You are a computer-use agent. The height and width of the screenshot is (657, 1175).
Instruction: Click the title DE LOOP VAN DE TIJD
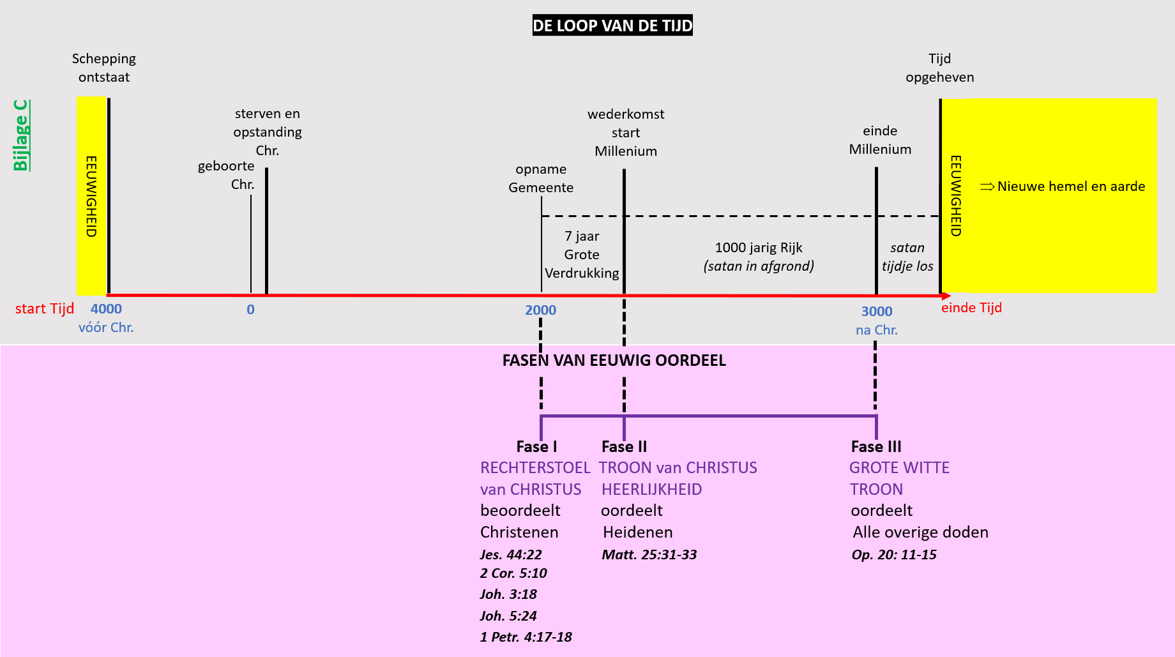(x=612, y=26)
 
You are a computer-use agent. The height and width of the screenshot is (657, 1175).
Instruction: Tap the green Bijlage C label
(x=21, y=135)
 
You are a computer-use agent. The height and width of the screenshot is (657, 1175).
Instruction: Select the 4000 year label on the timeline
(x=106, y=309)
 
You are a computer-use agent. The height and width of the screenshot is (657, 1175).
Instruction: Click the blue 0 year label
(x=250, y=310)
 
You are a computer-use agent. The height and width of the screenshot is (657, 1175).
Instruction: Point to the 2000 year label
(x=540, y=310)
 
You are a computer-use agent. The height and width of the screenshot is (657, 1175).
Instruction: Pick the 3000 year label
(x=876, y=312)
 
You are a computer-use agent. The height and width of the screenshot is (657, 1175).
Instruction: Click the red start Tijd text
(x=45, y=309)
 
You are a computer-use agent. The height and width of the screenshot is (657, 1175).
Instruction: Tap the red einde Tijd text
(x=971, y=308)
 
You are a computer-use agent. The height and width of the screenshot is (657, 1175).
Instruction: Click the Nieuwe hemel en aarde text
(x=1071, y=186)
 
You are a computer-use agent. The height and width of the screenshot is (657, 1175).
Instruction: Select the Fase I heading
(x=536, y=447)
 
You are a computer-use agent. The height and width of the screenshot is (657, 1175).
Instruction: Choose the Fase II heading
(x=624, y=447)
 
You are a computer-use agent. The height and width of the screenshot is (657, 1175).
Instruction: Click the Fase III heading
(x=876, y=447)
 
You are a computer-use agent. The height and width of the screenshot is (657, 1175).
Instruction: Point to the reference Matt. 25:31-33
(x=649, y=555)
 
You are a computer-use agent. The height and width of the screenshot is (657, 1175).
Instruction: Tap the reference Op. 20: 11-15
(x=894, y=555)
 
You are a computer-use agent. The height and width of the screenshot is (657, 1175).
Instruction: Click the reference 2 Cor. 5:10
(x=513, y=573)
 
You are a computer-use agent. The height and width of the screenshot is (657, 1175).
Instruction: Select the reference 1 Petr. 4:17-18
(x=526, y=637)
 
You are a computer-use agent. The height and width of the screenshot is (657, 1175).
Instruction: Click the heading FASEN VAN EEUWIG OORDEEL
(x=614, y=361)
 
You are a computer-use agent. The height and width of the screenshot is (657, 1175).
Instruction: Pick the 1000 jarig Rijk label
(x=759, y=248)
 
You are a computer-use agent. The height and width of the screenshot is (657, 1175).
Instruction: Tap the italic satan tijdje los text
(x=907, y=257)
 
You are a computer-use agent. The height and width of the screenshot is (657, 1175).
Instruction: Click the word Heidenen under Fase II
(x=637, y=532)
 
